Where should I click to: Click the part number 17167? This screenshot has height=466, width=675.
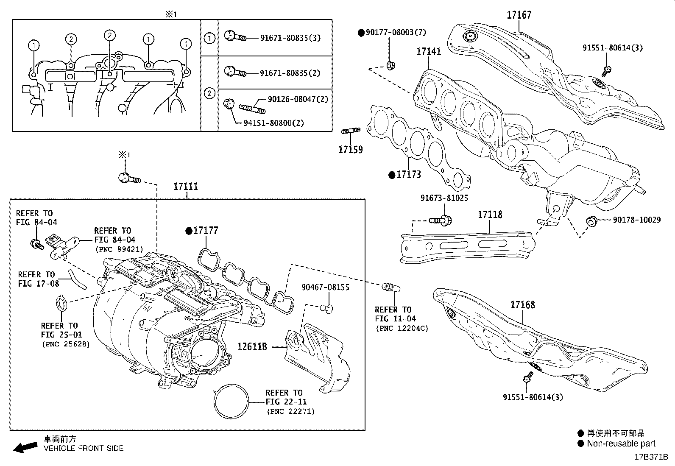[519, 15]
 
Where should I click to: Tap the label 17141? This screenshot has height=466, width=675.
[429, 52]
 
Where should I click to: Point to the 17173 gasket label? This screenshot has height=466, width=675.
[408, 175]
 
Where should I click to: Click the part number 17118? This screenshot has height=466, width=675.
[490, 215]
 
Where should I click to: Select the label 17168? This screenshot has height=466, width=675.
[522, 305]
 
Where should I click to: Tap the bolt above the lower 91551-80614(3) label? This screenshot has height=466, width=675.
[528, 377]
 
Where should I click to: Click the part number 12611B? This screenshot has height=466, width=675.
[252, 346]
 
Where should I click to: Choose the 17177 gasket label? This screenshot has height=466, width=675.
[206, 231]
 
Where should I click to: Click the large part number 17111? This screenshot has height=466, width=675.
[186, 187]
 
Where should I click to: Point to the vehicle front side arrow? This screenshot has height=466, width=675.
[25, 447]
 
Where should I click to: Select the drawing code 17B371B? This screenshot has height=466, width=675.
[651, 457]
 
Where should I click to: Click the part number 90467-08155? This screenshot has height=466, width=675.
[325, 287]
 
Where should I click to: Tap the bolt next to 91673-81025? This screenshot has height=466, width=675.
[441, 220]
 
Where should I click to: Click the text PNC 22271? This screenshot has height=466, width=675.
[290, 411]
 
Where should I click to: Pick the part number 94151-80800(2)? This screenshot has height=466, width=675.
[273, 123]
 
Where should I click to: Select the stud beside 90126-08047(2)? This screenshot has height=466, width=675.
[253, 108]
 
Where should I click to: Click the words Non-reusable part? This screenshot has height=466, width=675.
[621, 444]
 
